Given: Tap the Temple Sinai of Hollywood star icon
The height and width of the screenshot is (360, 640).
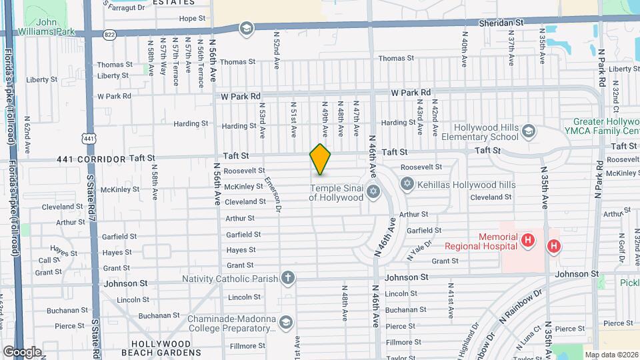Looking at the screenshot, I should (x=373, y=193).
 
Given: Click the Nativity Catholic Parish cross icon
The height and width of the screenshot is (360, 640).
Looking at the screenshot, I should (x=287, y=277).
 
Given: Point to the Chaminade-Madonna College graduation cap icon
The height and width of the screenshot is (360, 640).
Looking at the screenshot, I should (x=286, y=323).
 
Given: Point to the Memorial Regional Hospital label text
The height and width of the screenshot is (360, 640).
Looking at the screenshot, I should (x=489, y=241).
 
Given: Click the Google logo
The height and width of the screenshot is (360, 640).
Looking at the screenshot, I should (x=22, y=351).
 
